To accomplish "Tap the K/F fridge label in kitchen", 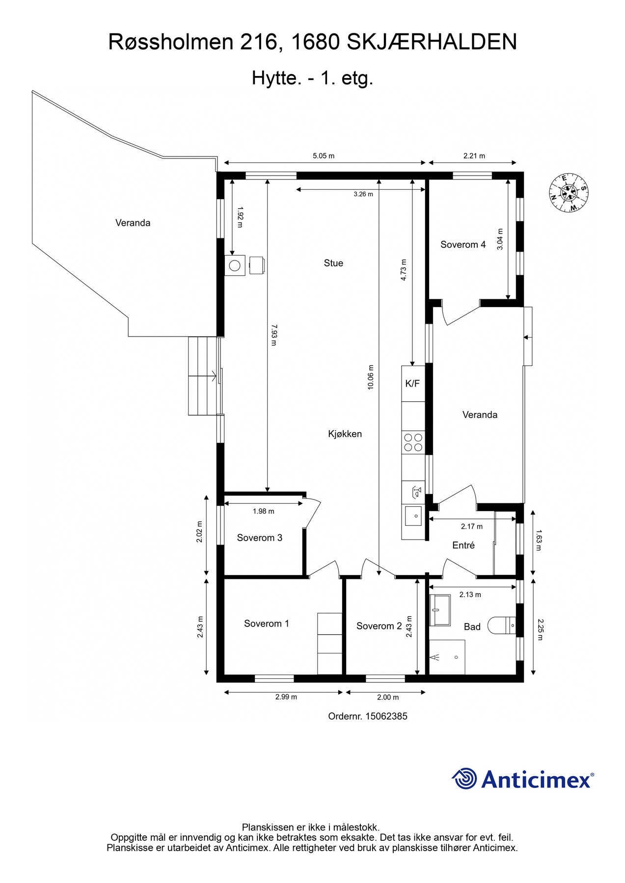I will pos(412,384).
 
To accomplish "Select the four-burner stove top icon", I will pos(413,442).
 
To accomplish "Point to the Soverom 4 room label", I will pos(463,244).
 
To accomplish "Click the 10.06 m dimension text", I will pos(371,377).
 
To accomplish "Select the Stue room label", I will pos(333,263).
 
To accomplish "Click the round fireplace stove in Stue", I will pos(235,265).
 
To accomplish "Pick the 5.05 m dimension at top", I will pos(324,156).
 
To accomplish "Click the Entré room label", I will pos(463,545).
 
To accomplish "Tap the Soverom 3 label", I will pos(259,538).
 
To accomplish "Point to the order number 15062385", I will pos(368,716).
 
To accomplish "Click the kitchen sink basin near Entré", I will pos(413,516).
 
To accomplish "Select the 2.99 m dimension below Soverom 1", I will pos(286,697).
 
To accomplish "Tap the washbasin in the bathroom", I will pos(440,610).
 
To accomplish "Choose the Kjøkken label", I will pos(345,434).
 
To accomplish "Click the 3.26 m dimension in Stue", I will pos(363,194).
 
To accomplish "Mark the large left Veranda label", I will pos(133,223).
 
